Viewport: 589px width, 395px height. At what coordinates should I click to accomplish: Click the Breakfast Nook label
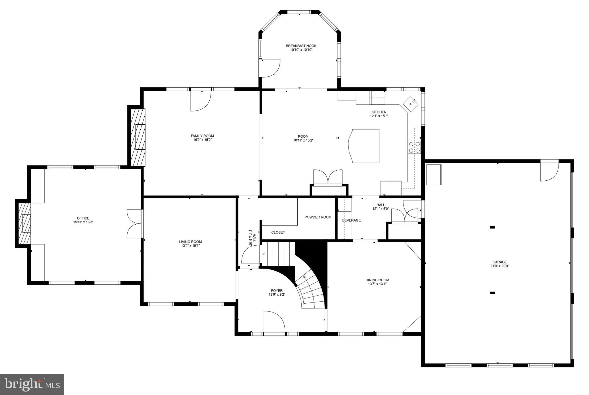(301, 46)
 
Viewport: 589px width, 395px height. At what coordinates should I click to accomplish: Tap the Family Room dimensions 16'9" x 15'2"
(202, 140)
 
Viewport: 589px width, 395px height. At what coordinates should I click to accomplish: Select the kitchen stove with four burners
(414, 147)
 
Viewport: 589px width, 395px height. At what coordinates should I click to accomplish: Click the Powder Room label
(318, 217)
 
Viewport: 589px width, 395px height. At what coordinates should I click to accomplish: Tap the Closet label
(278, 232)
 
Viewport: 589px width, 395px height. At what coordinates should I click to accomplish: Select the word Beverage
(351, 220)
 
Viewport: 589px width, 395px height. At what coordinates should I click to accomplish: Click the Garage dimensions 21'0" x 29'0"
(500, 266)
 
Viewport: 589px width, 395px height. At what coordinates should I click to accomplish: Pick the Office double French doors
(135, 223)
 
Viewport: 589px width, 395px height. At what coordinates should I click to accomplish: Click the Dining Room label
(377, 280)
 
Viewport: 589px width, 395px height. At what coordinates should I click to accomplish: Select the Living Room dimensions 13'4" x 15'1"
(190, 246)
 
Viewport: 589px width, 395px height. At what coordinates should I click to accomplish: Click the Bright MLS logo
(32, 384)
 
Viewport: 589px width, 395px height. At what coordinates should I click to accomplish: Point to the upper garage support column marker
(492, 227)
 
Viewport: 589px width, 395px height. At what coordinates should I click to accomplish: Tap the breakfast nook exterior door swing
(271, 68)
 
